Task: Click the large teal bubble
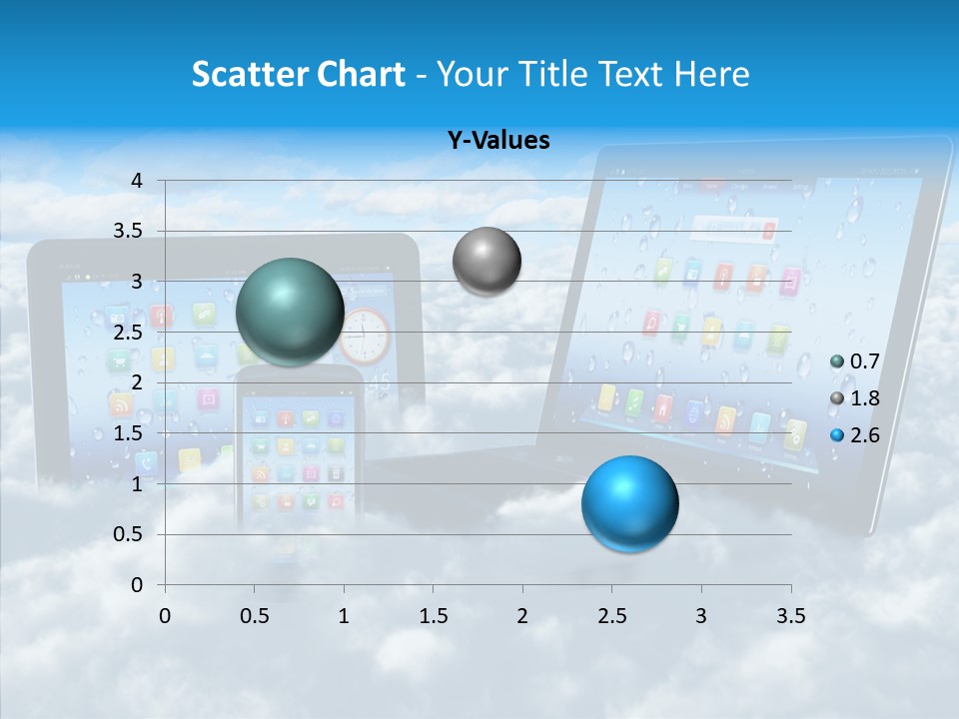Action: pyautogui.click(x=290, y=311)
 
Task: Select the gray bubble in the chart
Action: pyautogui.click(x=486, y=261)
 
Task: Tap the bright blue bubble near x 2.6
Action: pyautogui.click(x=629, y=503)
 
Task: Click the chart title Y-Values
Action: pyautogui.click(x=498, y=141)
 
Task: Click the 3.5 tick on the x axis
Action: pyautogui.click(x=790, y=615)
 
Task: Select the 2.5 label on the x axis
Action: pyautogui.click(x=611, y=615)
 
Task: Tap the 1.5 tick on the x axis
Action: pyautogui.click(x=433, y=615)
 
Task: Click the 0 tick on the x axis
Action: pyautogui.click(x=165, y=615)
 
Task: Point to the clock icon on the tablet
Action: pyautogui.click(x=364, y=336)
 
